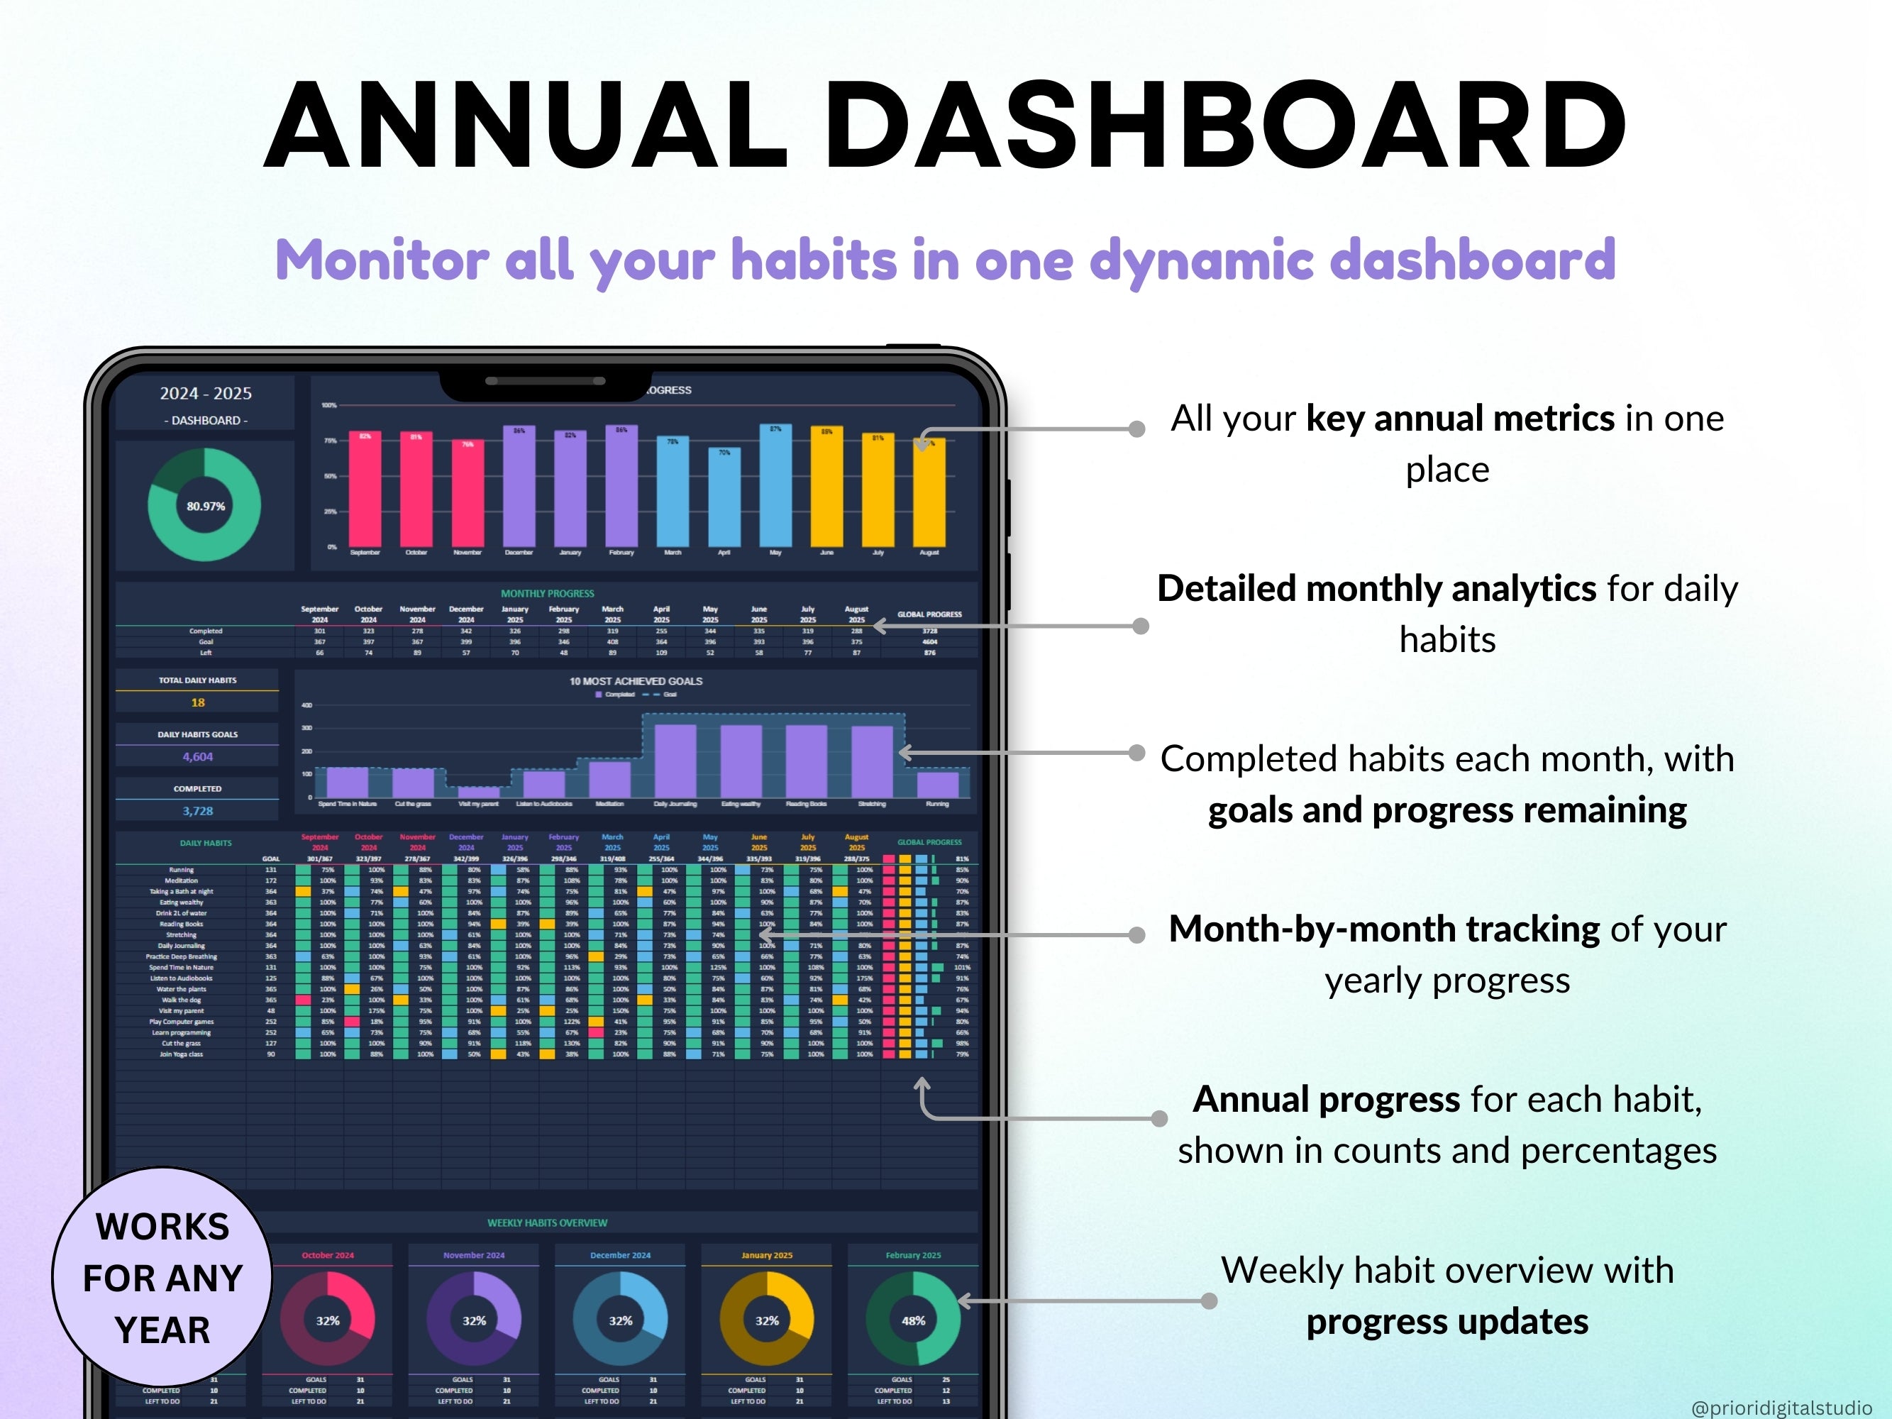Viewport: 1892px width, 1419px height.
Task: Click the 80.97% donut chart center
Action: [x=205, y=507]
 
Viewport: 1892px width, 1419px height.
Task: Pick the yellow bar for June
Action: [x=826, y=487]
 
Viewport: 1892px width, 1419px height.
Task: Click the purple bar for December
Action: [x=519, y=487]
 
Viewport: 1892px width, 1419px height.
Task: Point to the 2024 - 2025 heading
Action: [x=205, y=394]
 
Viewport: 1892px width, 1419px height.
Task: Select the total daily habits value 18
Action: [x=198, y=702]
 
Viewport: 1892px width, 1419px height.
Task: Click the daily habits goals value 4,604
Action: [x=198, y=757]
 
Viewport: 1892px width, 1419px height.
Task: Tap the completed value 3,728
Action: [x=198, y=811]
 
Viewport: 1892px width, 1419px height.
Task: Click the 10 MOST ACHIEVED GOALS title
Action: [x=636, y=682]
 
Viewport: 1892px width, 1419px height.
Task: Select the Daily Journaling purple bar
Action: [x=675, y=761]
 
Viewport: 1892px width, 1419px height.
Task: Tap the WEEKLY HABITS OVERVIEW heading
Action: [x=548, y=1223]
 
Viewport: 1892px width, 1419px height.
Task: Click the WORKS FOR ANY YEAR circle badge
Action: [x=162, y=1277]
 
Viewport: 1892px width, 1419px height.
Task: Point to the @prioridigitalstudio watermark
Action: [x=1781, y=1407]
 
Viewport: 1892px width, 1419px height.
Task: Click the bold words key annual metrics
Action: [x=1459, y=419]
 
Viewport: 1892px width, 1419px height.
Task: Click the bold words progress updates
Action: [x=1447, y=1323]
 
